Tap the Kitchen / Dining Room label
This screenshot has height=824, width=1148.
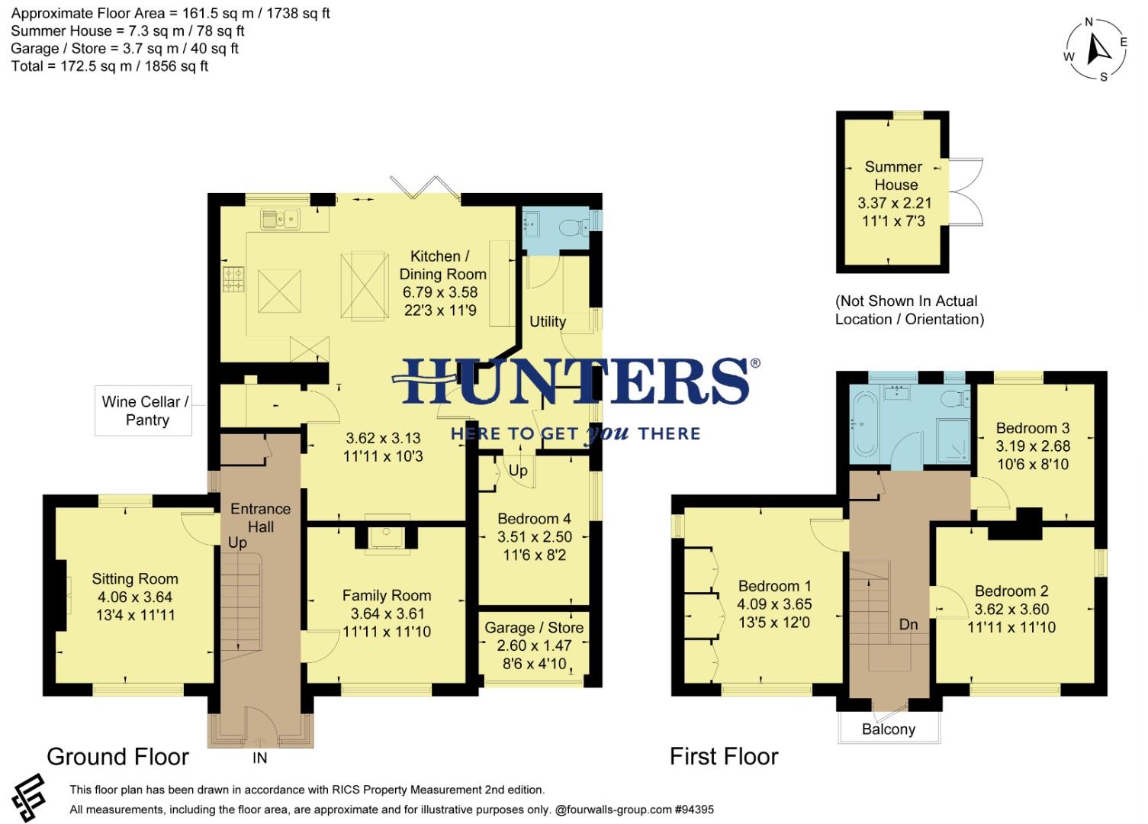tap(442, 265)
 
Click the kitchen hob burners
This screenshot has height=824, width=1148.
tap(233, 278)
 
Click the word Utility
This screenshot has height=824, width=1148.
tap(548, 321)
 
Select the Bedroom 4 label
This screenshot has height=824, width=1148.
tap(534, 519)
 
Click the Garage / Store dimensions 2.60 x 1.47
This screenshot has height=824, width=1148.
tap(534, 645)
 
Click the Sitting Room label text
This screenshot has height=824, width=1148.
tap(135, 579)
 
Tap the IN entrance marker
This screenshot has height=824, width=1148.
tap(259, 758)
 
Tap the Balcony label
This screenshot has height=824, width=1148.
tap(888, 729)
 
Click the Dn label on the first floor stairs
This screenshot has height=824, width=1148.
tap(908, 624)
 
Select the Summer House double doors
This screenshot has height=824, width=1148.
tap(965, 192)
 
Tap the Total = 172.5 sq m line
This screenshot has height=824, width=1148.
tap(110, 66)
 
